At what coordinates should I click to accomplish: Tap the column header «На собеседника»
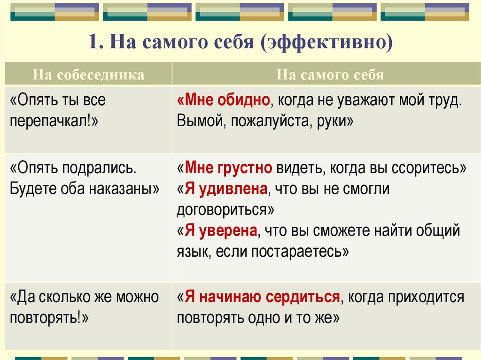(88, 75)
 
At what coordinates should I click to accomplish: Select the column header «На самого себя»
(330, 75)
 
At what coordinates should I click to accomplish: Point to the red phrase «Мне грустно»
(229, 168)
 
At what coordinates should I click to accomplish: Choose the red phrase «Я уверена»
(220, 231)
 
